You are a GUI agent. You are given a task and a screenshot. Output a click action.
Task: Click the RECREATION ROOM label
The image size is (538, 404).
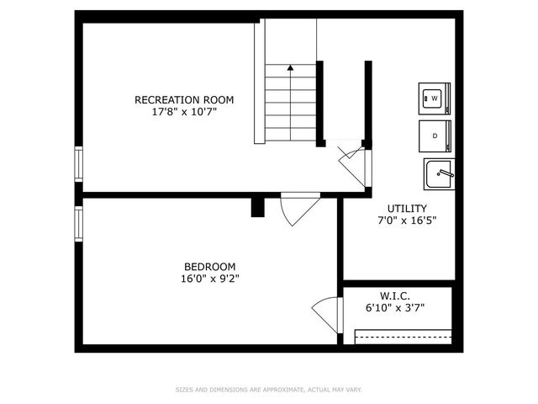tap(184, 100)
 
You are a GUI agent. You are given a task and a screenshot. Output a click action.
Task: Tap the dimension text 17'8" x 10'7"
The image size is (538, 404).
tap(184, 112)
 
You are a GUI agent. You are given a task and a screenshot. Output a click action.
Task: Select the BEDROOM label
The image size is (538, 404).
tap(209, 267)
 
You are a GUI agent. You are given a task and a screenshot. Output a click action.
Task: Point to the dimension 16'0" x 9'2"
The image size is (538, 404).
tap(209, 279)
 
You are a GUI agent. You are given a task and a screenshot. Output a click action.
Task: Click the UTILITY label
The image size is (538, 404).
tap(407, 209)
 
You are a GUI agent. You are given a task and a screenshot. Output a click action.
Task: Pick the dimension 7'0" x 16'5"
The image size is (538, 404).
tap(407, 221)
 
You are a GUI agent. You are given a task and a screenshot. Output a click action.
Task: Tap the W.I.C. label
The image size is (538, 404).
tap(394, 295)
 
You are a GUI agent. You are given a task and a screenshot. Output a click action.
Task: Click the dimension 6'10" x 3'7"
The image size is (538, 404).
tap(394, 308)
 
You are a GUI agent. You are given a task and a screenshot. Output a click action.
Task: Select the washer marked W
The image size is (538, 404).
tap(435, 98)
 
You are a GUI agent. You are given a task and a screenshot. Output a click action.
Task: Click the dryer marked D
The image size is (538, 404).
tap(435, 136)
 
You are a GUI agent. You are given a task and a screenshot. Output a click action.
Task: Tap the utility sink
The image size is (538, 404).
tap(438, 174)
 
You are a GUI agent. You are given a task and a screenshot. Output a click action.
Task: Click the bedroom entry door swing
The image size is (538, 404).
tap(297, 210)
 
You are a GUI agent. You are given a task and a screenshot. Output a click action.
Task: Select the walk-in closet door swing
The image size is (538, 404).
tap(325, 314)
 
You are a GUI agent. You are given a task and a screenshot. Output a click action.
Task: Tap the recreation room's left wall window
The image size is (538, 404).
tap(78, 163)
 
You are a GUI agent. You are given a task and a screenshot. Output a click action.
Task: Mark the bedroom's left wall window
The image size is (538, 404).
tap(78, 222)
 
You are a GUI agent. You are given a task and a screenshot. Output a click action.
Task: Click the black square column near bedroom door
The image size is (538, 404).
tap(258, 207)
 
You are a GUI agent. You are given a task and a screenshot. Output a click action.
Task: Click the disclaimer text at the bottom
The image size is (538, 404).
tap(268, 390)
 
